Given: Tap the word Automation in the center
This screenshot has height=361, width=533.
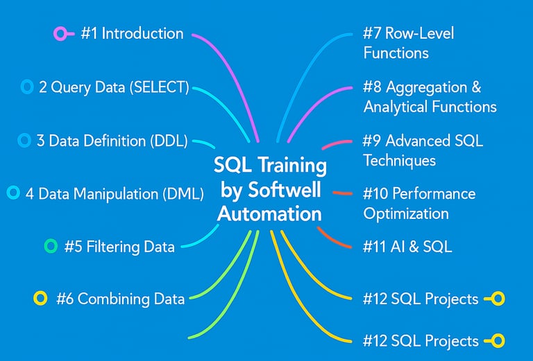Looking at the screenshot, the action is click(269, 213).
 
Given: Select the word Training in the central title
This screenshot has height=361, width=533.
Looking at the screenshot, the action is click(292, 166).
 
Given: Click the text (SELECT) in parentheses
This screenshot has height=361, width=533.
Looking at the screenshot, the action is click(159, 87).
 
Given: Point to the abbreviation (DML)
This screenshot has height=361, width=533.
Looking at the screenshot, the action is click(183, 194).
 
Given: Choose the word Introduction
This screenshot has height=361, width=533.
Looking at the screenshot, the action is click(142, 33).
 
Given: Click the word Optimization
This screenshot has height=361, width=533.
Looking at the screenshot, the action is click(406, 214).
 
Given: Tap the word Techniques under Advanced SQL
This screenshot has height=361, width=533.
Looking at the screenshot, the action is click(400, 160).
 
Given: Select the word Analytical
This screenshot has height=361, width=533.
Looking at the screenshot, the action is click(396, 107).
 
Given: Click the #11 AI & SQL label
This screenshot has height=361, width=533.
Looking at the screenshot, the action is click(407, 246).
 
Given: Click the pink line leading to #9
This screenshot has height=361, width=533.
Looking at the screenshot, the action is click(337, 143).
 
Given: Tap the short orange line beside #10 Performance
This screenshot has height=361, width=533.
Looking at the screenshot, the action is click(342, 193).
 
